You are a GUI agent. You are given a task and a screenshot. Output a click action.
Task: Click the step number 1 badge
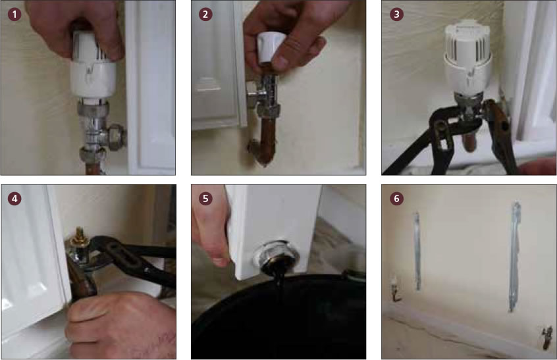[14, 14]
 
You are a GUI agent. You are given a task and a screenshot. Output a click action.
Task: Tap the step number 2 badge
[205, 14]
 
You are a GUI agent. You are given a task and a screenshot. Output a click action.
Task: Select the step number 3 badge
[396, 14]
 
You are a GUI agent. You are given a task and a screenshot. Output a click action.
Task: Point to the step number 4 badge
[14, 198]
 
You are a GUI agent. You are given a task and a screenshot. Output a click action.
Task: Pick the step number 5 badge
[205, 198]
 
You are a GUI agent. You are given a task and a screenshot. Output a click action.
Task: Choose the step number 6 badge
[396, 198]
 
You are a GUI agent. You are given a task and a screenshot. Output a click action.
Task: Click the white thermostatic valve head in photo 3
[468, 57]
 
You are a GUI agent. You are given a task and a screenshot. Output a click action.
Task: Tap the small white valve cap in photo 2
[271, 47]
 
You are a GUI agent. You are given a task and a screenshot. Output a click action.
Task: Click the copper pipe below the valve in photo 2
[266, 141]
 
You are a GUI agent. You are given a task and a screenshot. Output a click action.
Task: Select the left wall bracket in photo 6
[417, 251]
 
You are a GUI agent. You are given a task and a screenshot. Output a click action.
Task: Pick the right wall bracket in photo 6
[514, 256]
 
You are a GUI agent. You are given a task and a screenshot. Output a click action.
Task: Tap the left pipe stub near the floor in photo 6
[394, 288]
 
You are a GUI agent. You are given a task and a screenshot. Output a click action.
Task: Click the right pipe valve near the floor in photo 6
[546, 336]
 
